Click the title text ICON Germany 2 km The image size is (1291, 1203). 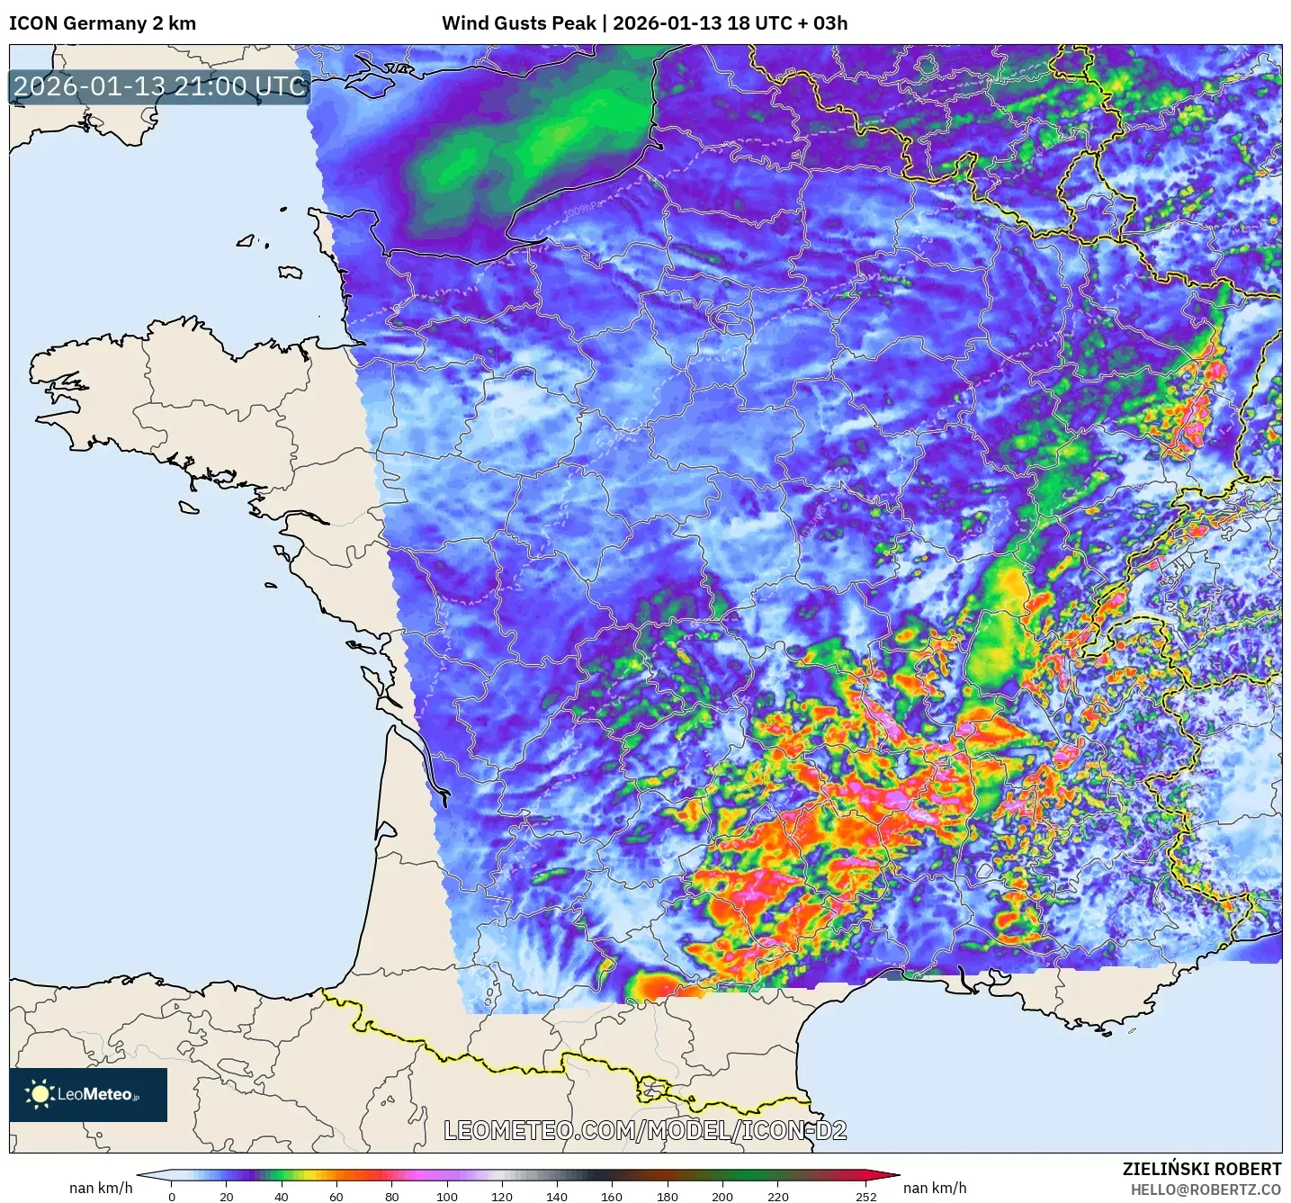(103, 23)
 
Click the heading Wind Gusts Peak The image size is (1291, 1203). (518, 23)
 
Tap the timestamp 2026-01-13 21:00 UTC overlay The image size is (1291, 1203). (160, 86)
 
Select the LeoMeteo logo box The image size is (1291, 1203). (88, 1094)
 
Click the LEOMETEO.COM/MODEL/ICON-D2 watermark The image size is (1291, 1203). (645, 1130)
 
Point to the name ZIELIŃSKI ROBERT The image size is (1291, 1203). (1202, 1169)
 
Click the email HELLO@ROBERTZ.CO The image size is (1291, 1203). (1206, 1190)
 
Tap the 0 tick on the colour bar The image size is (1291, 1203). (172, 1196)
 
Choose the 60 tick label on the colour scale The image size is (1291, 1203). (336, 1196)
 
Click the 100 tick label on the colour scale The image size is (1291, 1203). (447, 1196)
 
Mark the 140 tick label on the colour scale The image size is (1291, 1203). (557, 1196)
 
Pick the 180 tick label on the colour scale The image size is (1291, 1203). (668, 1196)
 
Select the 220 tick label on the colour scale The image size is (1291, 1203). (778, 1196)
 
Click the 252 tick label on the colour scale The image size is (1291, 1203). (865, 1196)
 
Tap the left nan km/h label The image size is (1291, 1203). (101, 1188)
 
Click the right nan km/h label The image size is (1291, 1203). (935, 1188)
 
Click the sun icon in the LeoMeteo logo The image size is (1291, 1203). (40, 1094)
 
